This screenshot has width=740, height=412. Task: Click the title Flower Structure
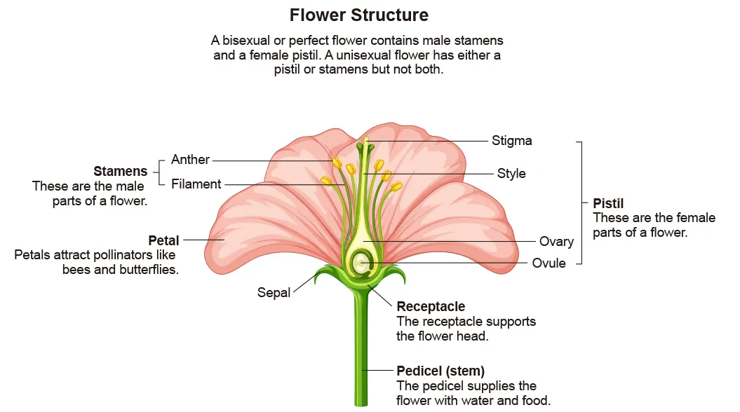(358, 15)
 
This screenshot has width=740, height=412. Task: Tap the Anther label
(190, 160)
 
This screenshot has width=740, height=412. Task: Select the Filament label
(196, 184)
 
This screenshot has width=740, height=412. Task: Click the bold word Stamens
(121, 172)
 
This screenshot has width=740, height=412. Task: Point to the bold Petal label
(163, 241)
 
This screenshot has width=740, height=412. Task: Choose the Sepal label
(274, 292)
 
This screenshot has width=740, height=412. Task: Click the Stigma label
(511, 141)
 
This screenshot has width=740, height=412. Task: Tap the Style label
(511, 173)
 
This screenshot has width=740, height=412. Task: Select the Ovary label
(556, 242)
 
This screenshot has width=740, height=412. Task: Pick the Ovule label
(549, 263)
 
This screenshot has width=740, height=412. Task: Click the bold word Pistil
(608, 203)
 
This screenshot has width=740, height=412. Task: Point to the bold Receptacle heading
(431, 306)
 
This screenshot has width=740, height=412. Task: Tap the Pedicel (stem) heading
(440, 371)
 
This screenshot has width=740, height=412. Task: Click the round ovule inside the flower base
(362, 263)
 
